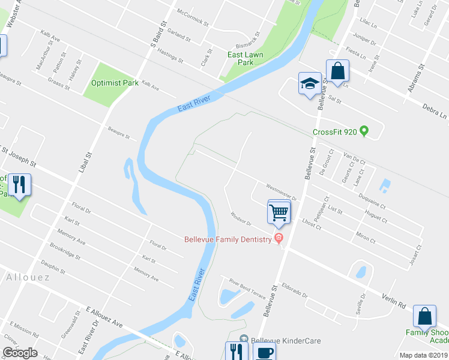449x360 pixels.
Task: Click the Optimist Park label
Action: tap(115, 83)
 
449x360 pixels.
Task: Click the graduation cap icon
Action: tap(310, 84)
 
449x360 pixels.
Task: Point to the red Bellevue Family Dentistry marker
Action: tap(278, 239)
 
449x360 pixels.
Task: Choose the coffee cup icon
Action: tap(264, 352)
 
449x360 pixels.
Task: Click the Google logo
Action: tap(20, 353)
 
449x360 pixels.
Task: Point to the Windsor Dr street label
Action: tap(240, 219)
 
